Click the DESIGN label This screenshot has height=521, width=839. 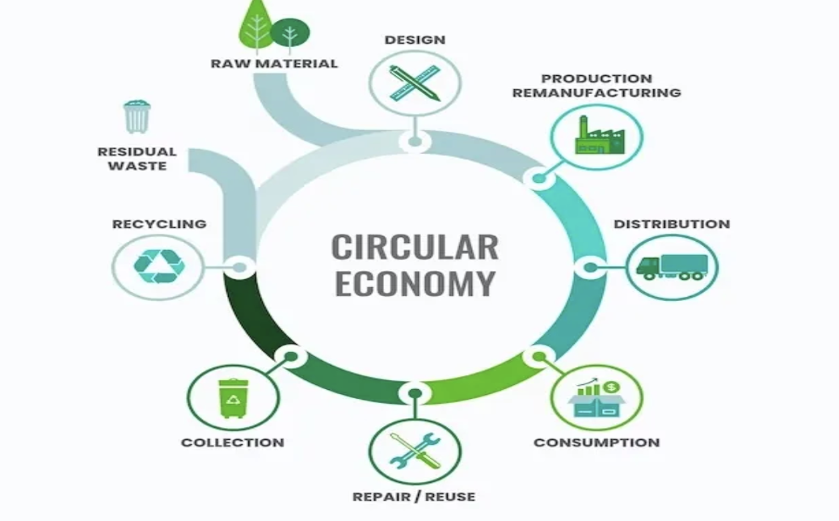click(415, 40)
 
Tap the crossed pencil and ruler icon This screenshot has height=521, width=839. click(415, 83)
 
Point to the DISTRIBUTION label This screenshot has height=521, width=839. click(672, 224)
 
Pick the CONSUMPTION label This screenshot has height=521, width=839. click(597, 443)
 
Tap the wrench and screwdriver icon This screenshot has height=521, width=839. click(415, 451)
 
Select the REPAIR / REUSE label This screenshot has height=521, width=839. click(414, 497)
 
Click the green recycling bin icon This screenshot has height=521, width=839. click(234, 398)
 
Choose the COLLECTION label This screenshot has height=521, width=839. click(233, 443)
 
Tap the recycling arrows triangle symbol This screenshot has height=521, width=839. click(159, 266)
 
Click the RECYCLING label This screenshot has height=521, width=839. click(159, 224)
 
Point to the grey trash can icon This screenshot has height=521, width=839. click(137, 116)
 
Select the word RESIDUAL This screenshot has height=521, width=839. click(137, 151)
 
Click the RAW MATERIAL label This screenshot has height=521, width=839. click(275, 64)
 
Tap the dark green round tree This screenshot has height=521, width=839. click(289, 33)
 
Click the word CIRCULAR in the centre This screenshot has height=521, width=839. click(415, 247)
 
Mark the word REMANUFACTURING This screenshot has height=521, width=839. click(597, 93)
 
